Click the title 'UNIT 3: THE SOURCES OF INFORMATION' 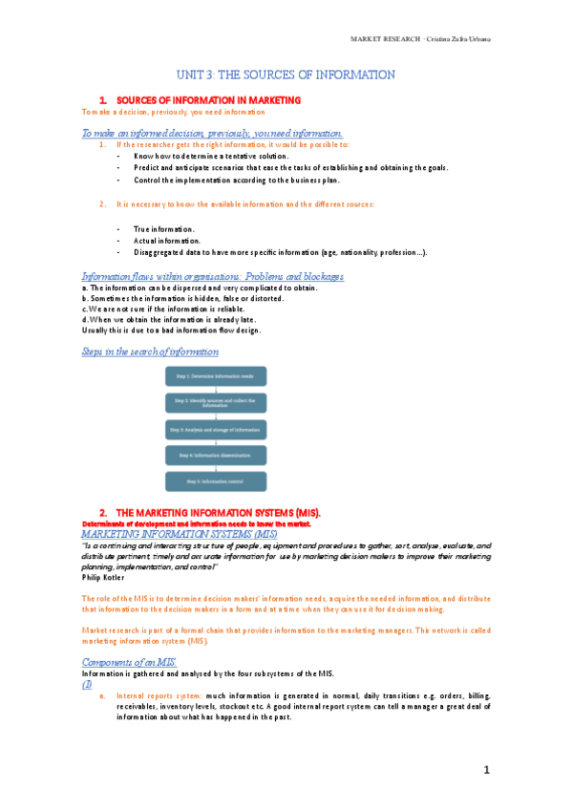286,75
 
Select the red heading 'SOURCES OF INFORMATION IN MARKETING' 208,99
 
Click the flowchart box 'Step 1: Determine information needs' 217,375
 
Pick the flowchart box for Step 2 217,402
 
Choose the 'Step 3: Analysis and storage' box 217,429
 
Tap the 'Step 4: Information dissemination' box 217,455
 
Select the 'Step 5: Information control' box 217,481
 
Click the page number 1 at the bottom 485,770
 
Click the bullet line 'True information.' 164,229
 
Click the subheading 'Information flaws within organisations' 213,277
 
